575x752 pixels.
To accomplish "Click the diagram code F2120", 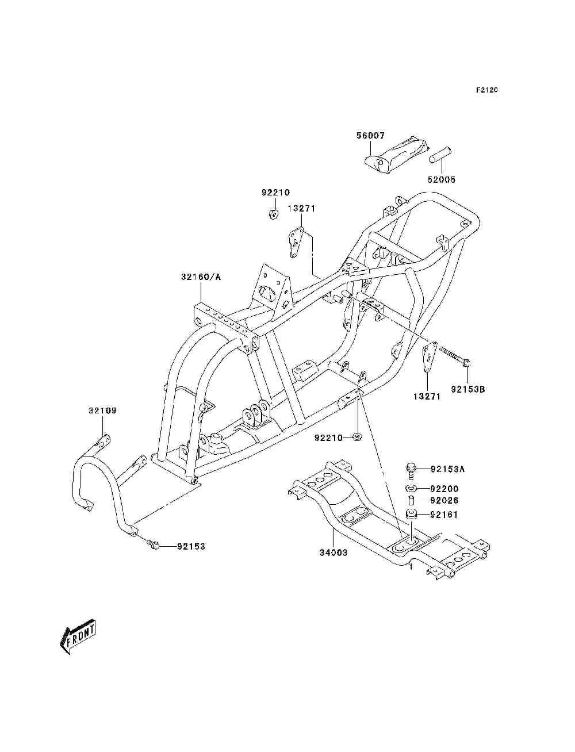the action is pyautogui.click(x=486, y=90).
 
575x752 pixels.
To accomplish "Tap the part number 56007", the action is pyautogui.click(x=370, y=136).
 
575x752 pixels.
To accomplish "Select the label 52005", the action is pyautogui.click(x=442, y=179).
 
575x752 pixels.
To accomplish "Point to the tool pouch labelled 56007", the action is pyautogui.click(x=396, y=156).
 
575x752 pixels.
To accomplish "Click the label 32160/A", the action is pyautogui.click(x=201, y=277).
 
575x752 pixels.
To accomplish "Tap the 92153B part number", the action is pyautogui.click(x=468, y=389).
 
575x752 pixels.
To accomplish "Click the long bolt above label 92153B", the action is pyautogui.click(x=455, y=356).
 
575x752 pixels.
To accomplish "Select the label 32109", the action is pyautogui.click(x=102, y=410).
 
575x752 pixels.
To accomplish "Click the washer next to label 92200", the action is pyautogui.click(x=411, y=488).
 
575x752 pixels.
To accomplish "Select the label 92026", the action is pyautogui.click(x=444, y=500).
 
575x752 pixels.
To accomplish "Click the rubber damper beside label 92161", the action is pyautogui.click(x=411, y=514).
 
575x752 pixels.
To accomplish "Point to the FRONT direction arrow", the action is pyautogui.click(x=78, y=636).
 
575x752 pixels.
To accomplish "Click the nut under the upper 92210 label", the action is pyautogui.click(x=273, y=214).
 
